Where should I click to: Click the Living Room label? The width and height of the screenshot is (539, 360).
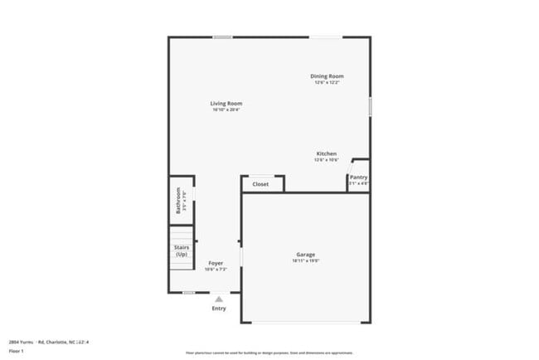coord(226,104)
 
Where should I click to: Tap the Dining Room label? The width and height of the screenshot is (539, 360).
coord(327,76)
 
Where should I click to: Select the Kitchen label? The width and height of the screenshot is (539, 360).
coord(326,153)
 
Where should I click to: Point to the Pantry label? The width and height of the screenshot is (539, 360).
coord(358,177)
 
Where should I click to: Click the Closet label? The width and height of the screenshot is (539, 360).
coord(260,184)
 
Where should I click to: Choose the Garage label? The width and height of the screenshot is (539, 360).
coord(305,255)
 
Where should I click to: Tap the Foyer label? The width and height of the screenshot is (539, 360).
coord(216,263)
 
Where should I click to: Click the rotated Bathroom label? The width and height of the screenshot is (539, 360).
coord(178,202)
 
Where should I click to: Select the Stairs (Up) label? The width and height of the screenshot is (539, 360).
coord(181,251)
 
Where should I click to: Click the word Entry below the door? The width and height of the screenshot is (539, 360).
coord(219,309)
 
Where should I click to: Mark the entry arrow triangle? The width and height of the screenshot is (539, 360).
coord(219,299)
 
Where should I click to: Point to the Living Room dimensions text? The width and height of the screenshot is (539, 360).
coord(226,110)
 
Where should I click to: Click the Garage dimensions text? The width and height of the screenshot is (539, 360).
coord(305,261)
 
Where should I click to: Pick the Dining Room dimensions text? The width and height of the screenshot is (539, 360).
coord(327,83)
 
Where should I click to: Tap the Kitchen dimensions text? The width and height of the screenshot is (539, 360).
coord(326,160)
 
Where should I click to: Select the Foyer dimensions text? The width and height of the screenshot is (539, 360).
coord(216,269)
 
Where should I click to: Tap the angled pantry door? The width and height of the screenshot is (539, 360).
coord(352,166)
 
